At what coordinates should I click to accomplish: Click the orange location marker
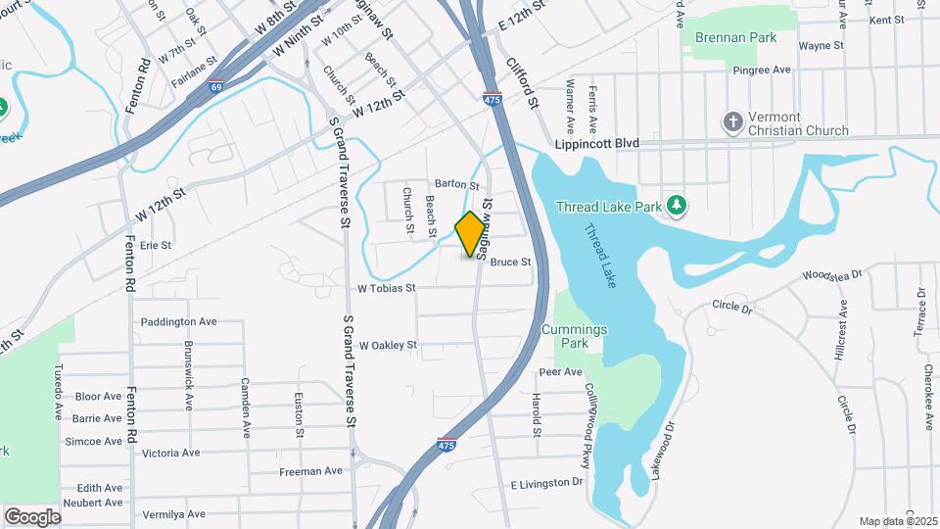click(471, 233)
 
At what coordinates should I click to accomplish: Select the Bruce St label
click(510, 262)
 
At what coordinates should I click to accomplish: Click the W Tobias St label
click(387, 288)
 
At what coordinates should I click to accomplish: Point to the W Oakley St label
click(388, 345)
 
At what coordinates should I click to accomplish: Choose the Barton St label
click(457, 184)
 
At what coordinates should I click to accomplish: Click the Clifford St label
click(523, 83)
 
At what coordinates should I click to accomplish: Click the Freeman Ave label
click(310, 470)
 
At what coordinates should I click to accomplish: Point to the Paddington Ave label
click(178, 321)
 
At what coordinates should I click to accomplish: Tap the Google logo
click(32, 516)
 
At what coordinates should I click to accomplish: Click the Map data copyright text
click(897, 521)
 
